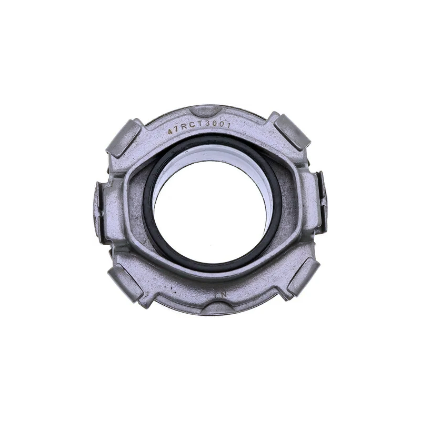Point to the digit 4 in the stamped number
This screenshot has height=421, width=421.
coord(170,132)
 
